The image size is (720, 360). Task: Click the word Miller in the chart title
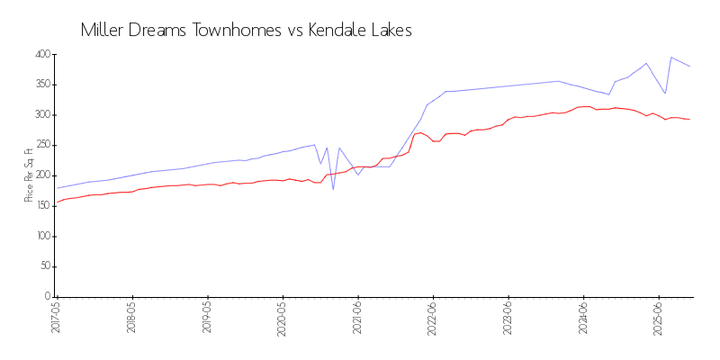(x=103, y=30)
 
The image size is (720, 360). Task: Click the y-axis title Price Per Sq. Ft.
(x=30, y=175)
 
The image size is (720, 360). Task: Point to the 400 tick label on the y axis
(x=41, y=55)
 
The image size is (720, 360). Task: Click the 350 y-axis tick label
(x=41, y=85)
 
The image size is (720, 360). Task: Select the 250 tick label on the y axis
(x=41, y=146)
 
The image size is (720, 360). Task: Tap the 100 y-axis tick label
(x=41, y=237)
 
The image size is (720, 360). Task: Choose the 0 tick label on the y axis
(x=47, y=297)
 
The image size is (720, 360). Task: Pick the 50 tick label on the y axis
(x=44, y=267)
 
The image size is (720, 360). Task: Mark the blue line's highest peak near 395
(x=671, y=58)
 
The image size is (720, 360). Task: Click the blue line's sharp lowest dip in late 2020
(x=333, y=189)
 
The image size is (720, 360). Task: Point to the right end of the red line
(x=690, y=120)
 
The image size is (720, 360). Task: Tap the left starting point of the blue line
(x=57, y=188)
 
